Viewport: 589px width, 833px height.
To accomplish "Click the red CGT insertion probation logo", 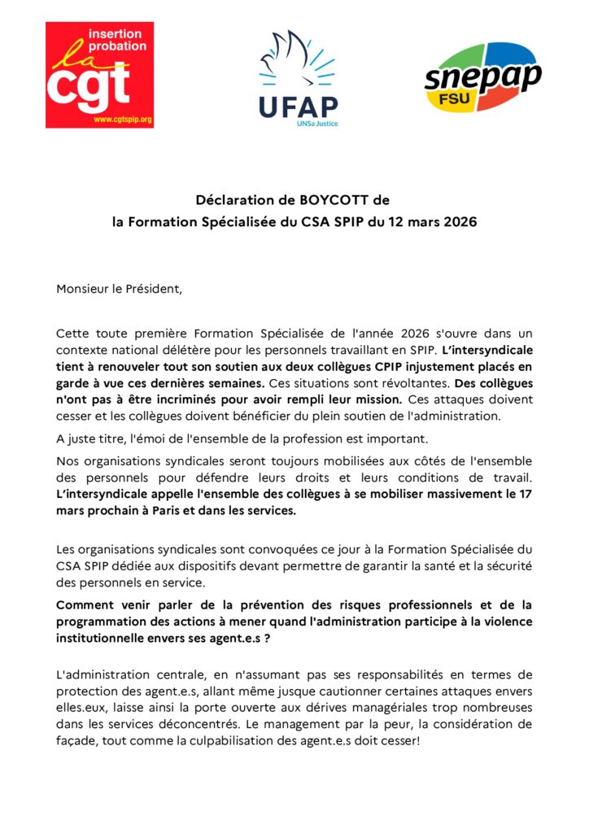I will click(99, 75).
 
